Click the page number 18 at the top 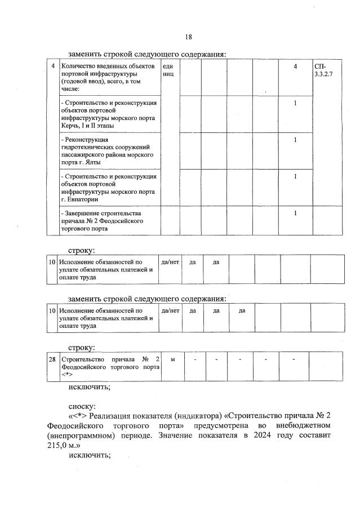[x=189, y=37]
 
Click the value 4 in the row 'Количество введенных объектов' [x=295, y=68]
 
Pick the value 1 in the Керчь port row [x=295, y=103]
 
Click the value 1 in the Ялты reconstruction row [x=295, y=140]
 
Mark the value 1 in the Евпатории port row [x=295, y=177]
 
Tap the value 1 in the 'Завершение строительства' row [x=295, y=214]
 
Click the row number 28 [x=52, y=359]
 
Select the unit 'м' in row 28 [x=172, y=359]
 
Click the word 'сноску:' [x=82, y=405]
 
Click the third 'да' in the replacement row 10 [x=242, y=310]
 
